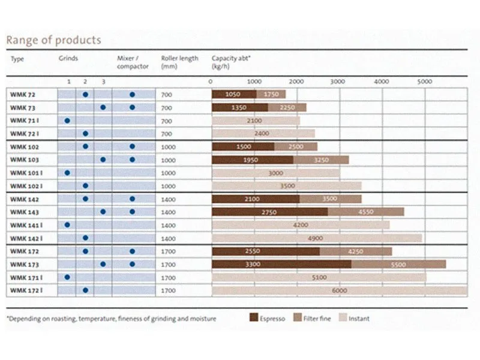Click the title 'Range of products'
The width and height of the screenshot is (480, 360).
53,41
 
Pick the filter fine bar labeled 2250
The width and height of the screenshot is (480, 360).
287,107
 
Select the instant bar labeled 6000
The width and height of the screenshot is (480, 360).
340,290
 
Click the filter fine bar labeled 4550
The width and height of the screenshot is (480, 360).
365,212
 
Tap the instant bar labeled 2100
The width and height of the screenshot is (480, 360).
255,121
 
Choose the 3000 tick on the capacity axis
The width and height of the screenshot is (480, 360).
339,81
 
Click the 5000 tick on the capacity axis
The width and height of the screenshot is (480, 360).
425,81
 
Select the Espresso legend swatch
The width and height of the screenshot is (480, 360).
254,319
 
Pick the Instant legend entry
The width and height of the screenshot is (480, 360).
355,319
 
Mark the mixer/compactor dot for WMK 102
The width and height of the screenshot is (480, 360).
132,146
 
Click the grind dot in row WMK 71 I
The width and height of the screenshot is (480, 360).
67,121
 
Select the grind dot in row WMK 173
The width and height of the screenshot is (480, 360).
103,264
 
